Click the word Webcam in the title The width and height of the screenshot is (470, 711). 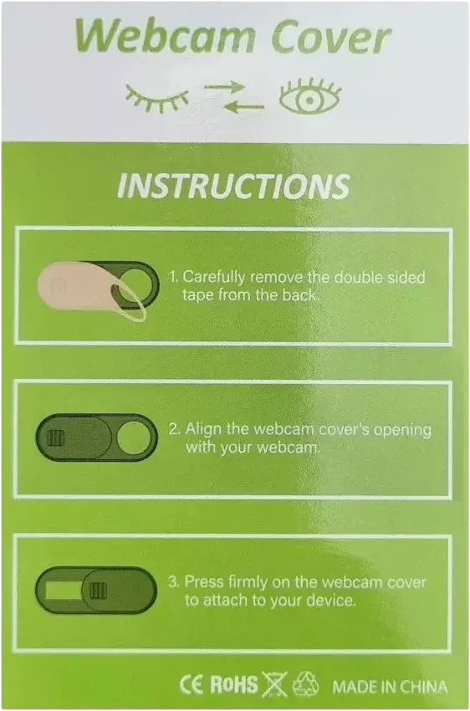(166, 37)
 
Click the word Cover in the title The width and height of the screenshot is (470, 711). (331, 37)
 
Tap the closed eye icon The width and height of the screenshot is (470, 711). (157, 99)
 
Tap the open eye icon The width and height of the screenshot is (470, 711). (309, 96)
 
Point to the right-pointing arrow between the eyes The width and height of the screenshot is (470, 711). (225, 86)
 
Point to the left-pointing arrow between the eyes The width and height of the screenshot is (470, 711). (243, 107)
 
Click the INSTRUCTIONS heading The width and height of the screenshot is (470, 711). (233, 186)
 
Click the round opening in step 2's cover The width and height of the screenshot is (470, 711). (134, 437)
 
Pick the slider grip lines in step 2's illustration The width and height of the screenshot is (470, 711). (56, 438)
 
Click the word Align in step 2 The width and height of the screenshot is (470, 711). (203, 429)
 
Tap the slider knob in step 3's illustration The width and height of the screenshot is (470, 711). (98, 591)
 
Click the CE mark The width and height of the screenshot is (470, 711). (192, 685)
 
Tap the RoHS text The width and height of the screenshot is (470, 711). (234, 684)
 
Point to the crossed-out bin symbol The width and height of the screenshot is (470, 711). (274, 683)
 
